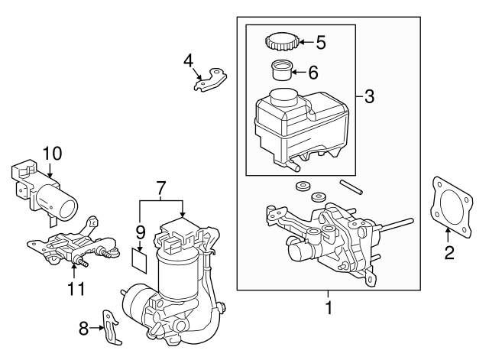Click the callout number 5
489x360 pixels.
321,43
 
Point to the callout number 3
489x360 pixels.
369,96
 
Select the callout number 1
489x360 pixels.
330,310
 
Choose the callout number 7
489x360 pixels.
160,186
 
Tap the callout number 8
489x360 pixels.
84,329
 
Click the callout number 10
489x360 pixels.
51,153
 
